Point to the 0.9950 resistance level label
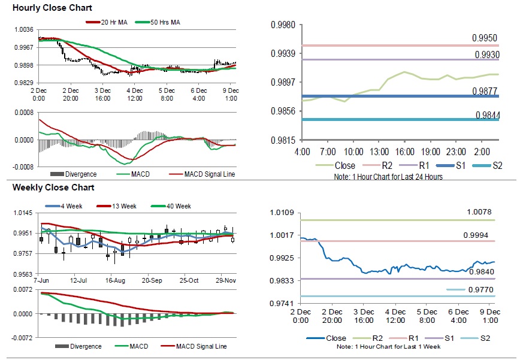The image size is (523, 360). pyautogui.click(x=485, y=38)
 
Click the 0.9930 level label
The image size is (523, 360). pyautogui.click(x=487, y=55)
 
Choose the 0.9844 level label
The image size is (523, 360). pyautogui.click(x=488, y=115)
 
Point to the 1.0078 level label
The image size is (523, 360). pyautogui.click(x=480, y=212)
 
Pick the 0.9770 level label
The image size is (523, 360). pyautogui.click(x=480, y=290)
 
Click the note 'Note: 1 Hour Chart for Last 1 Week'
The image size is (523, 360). pyautogui.click(x=388, y=347)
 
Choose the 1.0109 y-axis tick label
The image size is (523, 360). pyautogui.click(x=283, y=213)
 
